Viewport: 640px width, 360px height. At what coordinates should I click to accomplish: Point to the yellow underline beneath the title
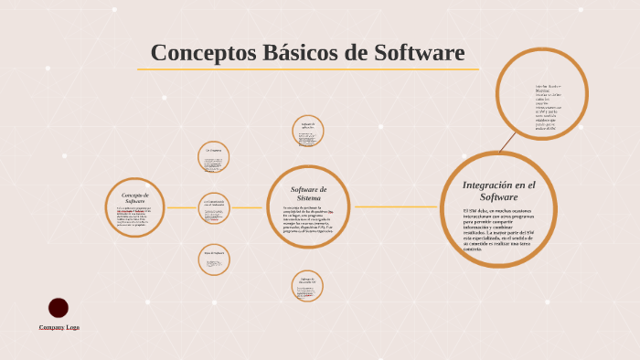(307, 69)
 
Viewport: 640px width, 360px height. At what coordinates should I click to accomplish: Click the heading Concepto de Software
(135, 197)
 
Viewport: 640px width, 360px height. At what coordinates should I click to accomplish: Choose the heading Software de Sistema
(309, 194)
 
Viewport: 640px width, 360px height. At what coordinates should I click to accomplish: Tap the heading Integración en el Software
(498, 190)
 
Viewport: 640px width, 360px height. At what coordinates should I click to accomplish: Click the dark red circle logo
(59, 308)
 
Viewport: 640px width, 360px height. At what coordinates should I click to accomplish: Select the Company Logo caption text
(59, 326)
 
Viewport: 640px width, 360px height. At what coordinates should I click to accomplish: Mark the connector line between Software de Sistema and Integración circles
(395, 206)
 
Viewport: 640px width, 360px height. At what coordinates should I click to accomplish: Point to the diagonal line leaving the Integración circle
(507, 143)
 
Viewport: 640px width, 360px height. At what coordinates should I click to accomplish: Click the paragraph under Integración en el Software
(498, 229)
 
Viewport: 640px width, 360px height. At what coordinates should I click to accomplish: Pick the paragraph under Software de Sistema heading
(309, 220)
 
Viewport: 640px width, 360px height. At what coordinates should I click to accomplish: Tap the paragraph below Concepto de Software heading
(134, 216)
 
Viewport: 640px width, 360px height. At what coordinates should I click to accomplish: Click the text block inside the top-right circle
(548, 108)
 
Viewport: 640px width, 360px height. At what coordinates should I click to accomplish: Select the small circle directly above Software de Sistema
(308, 132)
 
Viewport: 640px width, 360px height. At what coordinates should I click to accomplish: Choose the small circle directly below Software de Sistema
(307, 286)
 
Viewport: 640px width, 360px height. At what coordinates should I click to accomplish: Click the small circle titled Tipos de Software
(214, 259)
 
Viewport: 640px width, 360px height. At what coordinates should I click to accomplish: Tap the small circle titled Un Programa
(214, 157)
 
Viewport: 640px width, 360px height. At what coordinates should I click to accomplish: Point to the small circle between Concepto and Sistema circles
(214, 208)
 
